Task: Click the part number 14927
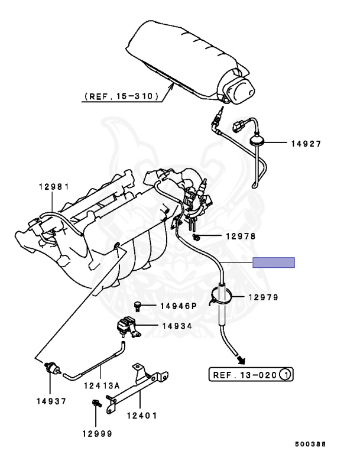[x=306, y=143]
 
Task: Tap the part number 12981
[x=54, y=187]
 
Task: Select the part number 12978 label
[x=240, y=236]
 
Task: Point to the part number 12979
[x=263, y=297]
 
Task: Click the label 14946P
[x=178, y=306]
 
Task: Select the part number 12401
[x=142, y=415]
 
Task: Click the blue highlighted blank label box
[x=273, y=262]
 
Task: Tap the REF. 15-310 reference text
[x=121, y=95]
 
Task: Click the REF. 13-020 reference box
[x=251, y=374]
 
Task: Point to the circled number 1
[x=286, y=374]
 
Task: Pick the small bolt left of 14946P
[x=138, y=306]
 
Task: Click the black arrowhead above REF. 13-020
[x=242, y=358]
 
